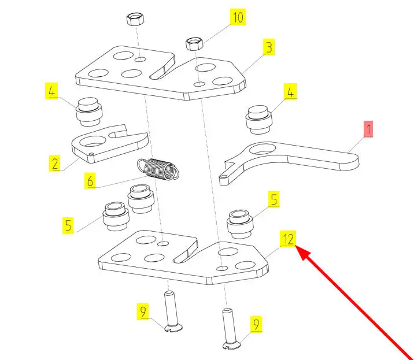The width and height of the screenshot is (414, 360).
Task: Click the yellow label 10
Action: (238, 17)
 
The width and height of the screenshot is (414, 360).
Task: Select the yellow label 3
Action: (268, 47)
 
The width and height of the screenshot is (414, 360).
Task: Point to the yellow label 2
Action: (54, 164)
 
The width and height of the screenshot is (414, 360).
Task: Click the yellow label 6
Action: (90, 181)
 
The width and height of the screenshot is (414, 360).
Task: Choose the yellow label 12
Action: (289, 238)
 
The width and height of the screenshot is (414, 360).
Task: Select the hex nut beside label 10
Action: (193, 44)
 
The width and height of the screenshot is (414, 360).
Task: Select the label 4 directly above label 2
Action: (51, 91)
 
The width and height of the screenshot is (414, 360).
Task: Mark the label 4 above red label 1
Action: (290, 91)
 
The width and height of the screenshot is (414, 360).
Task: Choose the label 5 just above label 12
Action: (274, 201)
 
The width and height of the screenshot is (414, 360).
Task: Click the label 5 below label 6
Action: (69, 225)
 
